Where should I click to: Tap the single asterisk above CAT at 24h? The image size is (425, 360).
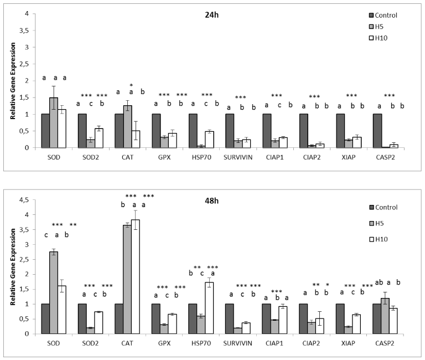131,85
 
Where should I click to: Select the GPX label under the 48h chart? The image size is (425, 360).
164,342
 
